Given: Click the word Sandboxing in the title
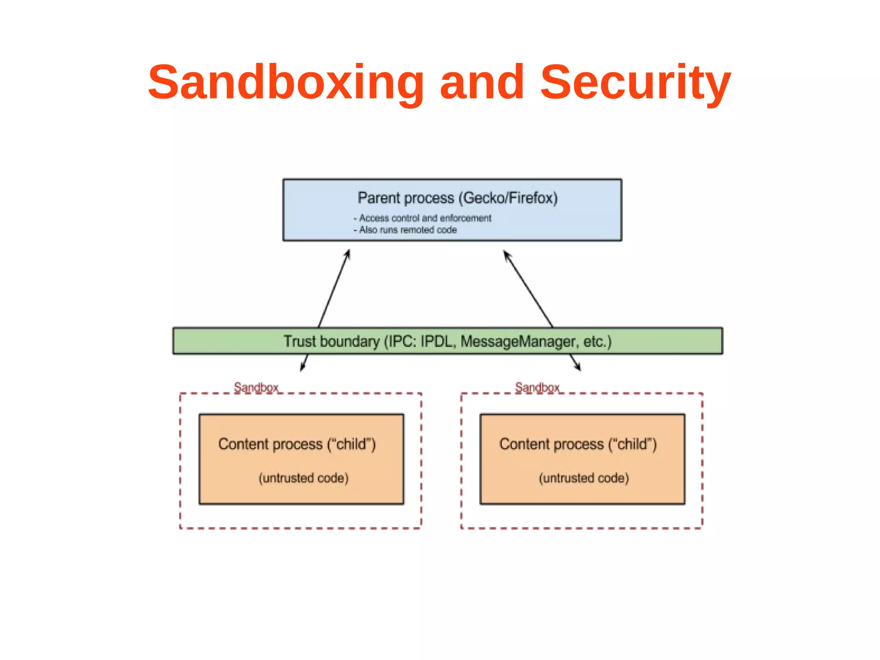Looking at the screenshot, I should pyautogui.click(x=286, y=83).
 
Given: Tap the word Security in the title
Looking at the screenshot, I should pyautogui.click(x=635, y=83).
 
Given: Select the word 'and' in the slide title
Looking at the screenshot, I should pyautogui.click(x=482, y=83).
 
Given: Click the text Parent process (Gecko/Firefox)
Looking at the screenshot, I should pyautogui.click(x=457, y=198).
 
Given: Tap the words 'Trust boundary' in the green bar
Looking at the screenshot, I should pyautogui.click(x=332, y=341).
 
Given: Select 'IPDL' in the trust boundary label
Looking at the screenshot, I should pyautogui.click(x=437, y=341).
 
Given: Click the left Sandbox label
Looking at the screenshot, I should pyautogui.click(x=256, y=387).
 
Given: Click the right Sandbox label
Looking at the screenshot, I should pyautogui.click(x=537, y=387).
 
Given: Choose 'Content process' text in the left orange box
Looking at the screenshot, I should pyautogui.click(x=270, y=444).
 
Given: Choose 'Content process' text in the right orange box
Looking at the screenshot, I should pyautogui.click(x=551, y=444).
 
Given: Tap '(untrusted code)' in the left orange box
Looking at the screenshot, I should pyautogui.click(x=303, y=478).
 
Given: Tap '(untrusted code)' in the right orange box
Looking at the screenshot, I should pyautogui.click(x=584, y=478).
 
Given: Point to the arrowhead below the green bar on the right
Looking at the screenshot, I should pyautogui.click(x=578, y=367).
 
